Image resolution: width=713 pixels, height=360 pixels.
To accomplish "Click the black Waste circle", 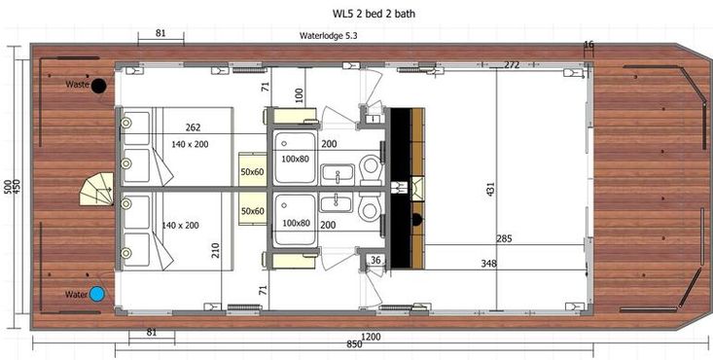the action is click(x=98, y=86).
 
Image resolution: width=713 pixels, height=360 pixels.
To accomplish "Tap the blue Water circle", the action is click(x=97, y=295).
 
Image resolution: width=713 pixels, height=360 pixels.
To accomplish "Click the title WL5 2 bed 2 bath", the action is click(x=374, y=14).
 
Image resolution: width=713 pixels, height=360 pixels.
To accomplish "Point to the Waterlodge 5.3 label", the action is click(x=329, y=36).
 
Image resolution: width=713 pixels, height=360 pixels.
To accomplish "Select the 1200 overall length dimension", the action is click(x=371, y=338).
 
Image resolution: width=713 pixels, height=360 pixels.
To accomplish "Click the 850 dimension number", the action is click(x=354, y=344).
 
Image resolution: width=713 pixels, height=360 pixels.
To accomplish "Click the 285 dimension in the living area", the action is click(x=504, y=238).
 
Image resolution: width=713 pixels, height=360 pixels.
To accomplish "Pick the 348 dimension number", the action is click(x=489, y=264).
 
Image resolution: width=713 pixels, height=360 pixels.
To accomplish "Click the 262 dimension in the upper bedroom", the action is click(x=194, y=127).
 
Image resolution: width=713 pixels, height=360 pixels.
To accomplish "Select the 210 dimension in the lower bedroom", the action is click(x=216, y=250).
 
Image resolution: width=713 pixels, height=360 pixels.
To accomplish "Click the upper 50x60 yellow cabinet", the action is click(x=252, y=169).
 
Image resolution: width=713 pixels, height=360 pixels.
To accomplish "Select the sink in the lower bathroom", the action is click(x=337, y=202).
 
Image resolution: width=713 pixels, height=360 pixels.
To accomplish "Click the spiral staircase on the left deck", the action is click(x=97, y=189).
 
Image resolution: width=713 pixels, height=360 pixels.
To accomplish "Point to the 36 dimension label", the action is click(x=375, y=261).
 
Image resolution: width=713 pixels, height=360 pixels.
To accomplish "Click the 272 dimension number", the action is click(x=512, y=65).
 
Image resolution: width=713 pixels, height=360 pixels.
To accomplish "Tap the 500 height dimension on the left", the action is click(x=8, y=186).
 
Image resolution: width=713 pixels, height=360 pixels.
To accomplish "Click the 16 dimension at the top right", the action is click(x=588, y=45).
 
